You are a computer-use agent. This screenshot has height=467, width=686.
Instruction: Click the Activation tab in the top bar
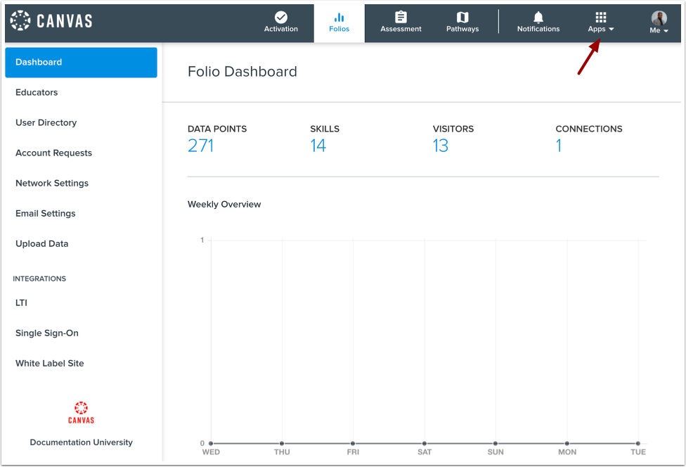[x=281, y=22]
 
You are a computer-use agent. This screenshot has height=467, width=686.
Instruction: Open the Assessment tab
[x=401, y=22]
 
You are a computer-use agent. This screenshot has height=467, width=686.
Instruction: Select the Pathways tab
[x=462, y=22]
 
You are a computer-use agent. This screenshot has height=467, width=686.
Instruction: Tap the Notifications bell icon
[x=538, y=18]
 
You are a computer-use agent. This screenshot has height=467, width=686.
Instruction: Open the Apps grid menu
[x=601, y=18]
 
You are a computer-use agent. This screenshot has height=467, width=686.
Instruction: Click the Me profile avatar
[x=659, y=18]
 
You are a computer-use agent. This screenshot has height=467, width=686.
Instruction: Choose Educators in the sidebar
[x=37, y=92]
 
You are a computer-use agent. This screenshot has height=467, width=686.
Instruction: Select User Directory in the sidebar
[x=46, y=122]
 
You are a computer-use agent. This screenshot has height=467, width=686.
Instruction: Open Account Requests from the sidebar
[x=54, y=153]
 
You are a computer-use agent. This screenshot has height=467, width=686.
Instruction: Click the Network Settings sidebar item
[x=52, y=183]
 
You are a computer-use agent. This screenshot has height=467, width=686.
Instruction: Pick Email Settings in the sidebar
[x=46, y=213]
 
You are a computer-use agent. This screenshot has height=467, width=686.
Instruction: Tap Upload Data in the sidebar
[x=42, y=243]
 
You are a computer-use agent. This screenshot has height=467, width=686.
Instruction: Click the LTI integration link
[x=22, y=302]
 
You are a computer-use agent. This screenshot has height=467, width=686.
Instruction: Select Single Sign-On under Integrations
[x=47, y=333]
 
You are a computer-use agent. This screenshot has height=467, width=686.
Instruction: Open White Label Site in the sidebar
[x=50, y=363]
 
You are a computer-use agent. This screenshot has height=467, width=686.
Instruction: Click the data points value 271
[x=200, y=146]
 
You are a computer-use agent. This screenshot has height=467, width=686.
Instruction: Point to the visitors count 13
[x=441, y=146]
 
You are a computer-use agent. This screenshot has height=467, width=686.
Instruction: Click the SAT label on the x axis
[x=425, y=452]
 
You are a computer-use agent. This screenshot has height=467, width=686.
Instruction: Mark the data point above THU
[x=282, y=443]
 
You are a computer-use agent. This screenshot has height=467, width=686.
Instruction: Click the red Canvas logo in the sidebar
[x=81, y=412]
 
